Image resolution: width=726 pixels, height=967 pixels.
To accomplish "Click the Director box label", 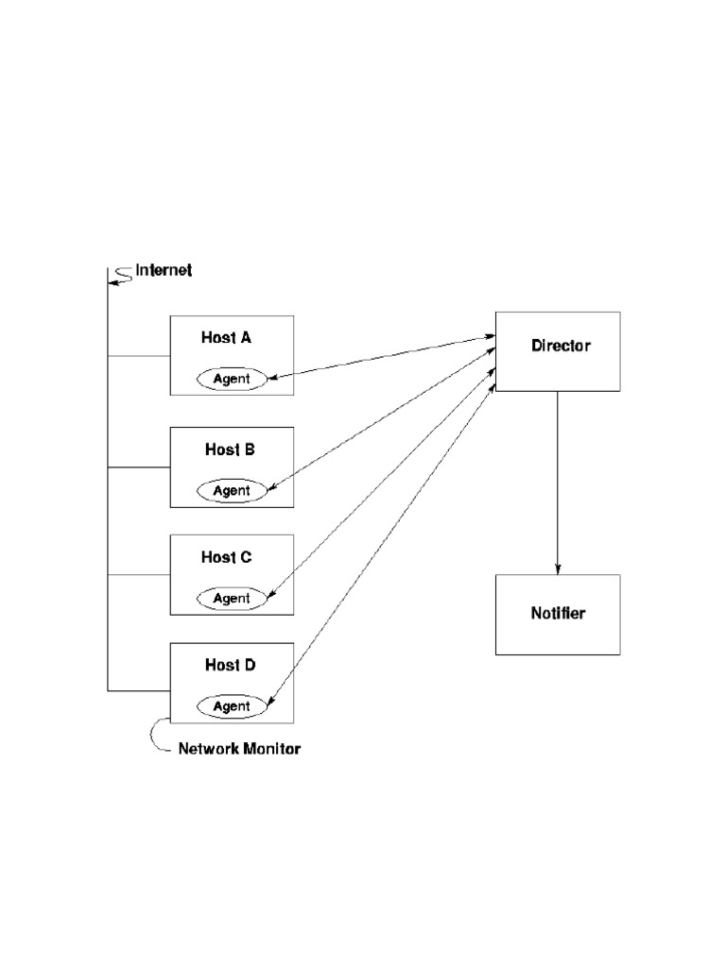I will (561, 346).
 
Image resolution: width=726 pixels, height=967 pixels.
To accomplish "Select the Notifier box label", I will (558, 614).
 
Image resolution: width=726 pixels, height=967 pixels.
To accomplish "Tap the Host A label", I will (226, 337).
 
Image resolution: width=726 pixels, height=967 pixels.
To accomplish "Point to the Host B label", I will (230, 450).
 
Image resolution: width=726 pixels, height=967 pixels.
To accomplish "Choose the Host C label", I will (226, 557).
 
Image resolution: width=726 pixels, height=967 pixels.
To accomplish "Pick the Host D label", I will (230, 665).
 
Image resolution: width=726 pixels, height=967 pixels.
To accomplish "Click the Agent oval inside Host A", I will (232, 379).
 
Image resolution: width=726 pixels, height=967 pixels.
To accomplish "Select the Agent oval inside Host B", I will (232, 490).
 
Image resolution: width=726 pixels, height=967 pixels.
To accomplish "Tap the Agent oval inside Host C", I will (232, 598).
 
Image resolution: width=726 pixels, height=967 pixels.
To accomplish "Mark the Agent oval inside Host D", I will (232, 705).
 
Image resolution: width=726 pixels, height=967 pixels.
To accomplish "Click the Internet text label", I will (164, 270).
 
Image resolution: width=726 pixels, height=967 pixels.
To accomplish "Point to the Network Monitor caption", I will (239, 749).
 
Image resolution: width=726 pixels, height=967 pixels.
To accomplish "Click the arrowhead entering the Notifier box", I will (558, 568).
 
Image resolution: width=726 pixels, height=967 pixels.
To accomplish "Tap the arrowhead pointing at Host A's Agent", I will (273, 378).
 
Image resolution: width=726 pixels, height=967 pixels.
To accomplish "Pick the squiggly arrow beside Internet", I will (118, 275).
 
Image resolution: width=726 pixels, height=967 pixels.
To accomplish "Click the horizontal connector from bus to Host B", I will (138, 467).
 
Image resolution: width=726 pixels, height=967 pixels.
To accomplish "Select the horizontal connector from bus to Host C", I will (138, 574).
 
